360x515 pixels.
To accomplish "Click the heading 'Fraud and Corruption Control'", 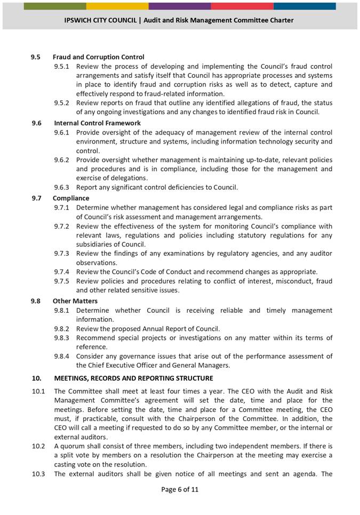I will pyautogui.click(x=98, y=57).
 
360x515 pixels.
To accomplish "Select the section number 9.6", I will pyautogui.click(x=37, y=123).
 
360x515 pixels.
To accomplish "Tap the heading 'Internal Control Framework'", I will pyautogui.click(x=97, y=123).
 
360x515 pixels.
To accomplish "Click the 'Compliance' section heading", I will pyautogui.click(x=71, y=198).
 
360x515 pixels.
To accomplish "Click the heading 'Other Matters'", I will pyautogui.click(x=75, y=301).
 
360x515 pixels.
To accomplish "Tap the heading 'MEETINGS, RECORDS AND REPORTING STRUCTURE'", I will pyautogui.click(x=133, y=378).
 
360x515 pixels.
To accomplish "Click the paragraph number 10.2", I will pyautogui.click(x=38, y=446).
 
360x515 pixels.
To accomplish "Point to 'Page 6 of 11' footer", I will pyautogui.click(x=180, y=489).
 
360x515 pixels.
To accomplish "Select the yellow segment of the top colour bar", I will pyautogui.click(x=117, y=6).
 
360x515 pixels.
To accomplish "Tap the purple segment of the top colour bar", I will pyautogui.click(x=180, y=6).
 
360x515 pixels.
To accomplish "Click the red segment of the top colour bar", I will pyautogui.click(x=242, y=6).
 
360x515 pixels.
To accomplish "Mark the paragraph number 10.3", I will pyautogui.click(x=38, y=474).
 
